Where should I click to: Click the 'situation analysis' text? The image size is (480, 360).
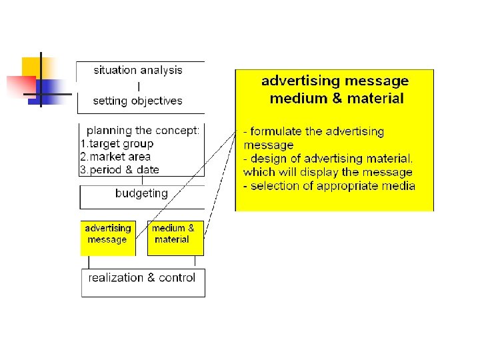click(138, 70)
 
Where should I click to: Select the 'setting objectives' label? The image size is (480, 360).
click(137, 101)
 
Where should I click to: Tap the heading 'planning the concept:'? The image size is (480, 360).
click(143, 131)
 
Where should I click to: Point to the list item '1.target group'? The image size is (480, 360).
click(117, 143)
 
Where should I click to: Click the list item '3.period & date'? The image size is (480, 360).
click(120, 169)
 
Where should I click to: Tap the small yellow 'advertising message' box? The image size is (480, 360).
click(107, 238)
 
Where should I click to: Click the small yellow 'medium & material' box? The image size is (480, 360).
click(175, 238)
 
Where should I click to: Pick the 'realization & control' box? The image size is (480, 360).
click(143, 283)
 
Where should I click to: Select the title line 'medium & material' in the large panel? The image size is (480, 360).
click(336, 99)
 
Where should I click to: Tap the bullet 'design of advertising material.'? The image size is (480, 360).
click(328, 159)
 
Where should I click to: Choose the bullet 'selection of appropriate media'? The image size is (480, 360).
click(329, 186)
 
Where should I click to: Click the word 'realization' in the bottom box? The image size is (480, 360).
click(116, 277)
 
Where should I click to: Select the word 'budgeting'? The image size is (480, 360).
click(141, 193)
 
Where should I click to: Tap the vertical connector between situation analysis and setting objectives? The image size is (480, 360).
click(139, 86)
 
